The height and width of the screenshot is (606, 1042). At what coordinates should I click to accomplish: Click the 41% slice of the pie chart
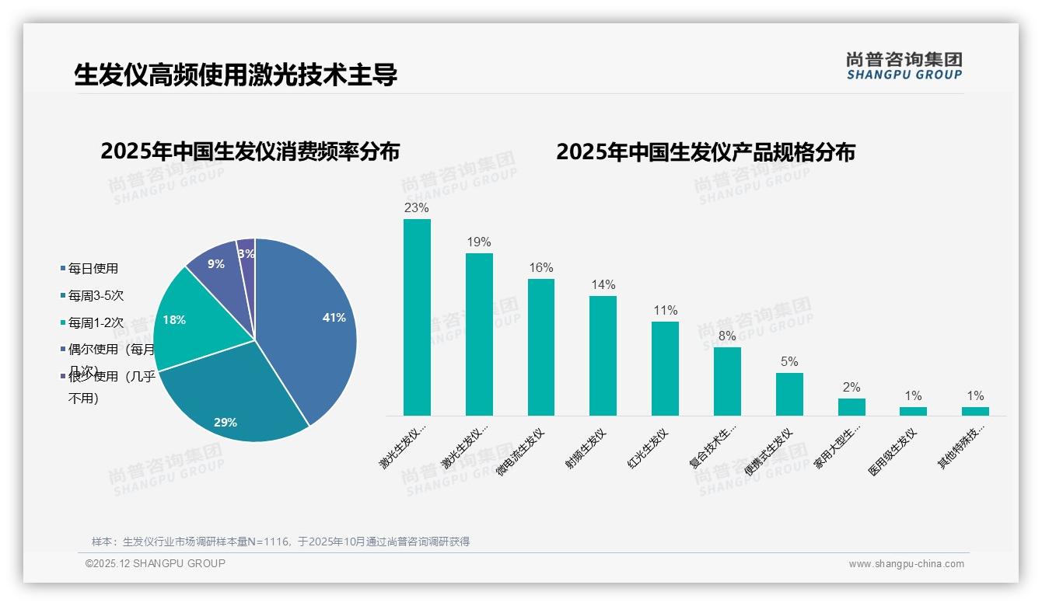311,326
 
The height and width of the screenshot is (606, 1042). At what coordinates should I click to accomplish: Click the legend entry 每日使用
93,269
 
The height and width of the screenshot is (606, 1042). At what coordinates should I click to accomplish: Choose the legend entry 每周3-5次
96,296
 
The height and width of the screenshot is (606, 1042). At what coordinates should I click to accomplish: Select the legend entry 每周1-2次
96,322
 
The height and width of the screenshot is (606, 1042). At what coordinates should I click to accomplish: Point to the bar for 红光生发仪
665,368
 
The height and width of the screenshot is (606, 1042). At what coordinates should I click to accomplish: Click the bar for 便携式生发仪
789,394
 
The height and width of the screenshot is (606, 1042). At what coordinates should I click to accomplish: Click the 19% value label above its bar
479,242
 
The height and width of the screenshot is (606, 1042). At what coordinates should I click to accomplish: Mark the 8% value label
727,336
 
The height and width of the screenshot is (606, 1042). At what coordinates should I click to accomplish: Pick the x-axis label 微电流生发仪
522,451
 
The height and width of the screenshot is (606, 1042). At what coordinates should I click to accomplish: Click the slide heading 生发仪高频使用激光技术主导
236,75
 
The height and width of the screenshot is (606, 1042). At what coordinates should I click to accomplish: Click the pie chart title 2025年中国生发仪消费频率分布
250,151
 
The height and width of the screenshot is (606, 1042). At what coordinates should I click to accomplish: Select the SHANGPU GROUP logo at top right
904,65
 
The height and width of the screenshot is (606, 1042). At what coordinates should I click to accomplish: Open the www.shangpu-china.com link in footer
906,564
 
